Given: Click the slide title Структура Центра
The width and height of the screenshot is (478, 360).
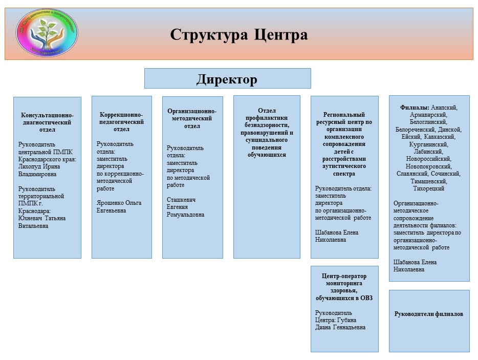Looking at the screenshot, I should (x=239, y=35).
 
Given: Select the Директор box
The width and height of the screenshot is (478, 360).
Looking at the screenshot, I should (x=227, y=79).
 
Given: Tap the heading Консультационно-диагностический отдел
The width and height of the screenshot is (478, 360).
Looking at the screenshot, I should (x=47, y=122).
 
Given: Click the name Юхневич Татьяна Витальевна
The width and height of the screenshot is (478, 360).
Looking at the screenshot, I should (x=42, y=222).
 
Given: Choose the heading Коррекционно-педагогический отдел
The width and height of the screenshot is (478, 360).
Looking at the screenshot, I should (x=121, y=121).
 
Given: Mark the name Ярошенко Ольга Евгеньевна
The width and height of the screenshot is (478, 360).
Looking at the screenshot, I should (x=119, y=206).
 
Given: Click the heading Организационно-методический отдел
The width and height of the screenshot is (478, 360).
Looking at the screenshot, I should (x=192, y=118).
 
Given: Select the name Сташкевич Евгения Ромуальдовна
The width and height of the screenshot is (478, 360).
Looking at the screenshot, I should (x=185, y=207).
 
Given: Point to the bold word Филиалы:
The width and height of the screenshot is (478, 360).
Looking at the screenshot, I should (x=415, y=108).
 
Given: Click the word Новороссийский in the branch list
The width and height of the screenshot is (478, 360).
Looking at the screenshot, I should (x=429, y=159).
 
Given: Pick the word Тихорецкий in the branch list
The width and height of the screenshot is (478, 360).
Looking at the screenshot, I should (x=429, y=188).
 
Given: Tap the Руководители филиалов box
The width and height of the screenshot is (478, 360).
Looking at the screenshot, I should (x=429, y=314).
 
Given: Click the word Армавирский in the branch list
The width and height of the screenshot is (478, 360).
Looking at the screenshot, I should (x=429, y=115).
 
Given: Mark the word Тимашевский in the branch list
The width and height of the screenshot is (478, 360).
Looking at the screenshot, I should (x=429, y=181).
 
